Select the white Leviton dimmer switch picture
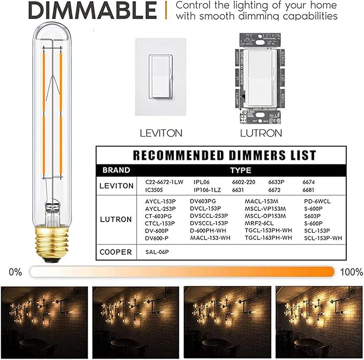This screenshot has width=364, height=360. pyautogui.click(x=160, y=77)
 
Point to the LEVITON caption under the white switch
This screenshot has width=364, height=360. pyautogui.click(x=160, y=132)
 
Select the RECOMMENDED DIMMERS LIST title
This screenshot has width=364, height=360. pyautogui.click(x=224, y=156)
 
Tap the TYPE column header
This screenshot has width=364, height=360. pyautogui.click(x=241, y=171)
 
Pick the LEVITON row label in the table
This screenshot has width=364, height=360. pyautogui.click(x=116, y=186)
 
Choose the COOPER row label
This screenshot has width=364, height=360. pyautogui.click(x=116, y=251)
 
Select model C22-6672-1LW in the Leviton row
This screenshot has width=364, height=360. pyautogui.click(x=164, y=182)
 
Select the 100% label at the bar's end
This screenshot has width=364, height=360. pyautogui.click(x=351, y=272)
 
